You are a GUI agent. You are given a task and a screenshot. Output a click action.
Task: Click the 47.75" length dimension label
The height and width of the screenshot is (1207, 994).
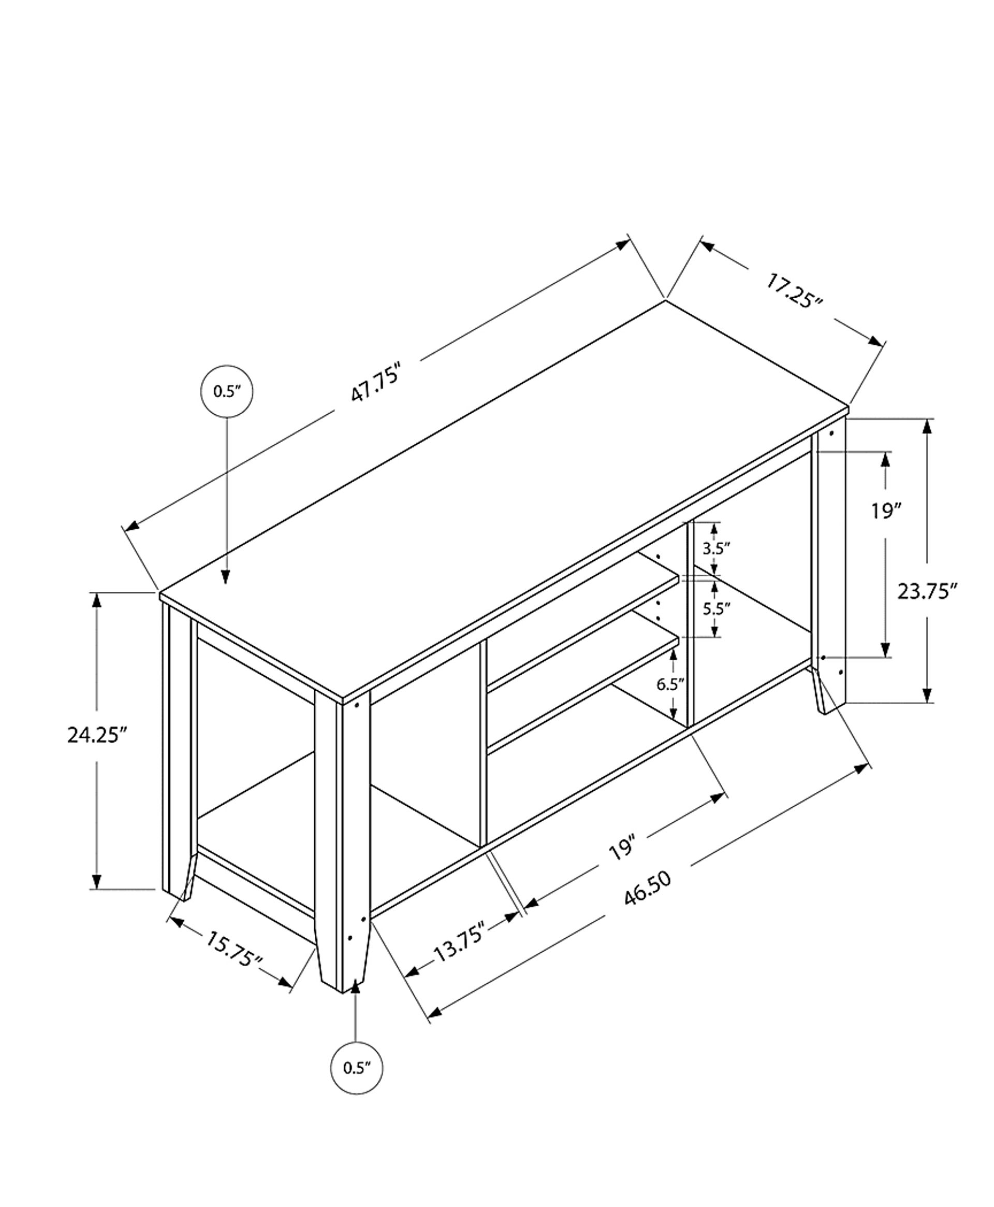375,381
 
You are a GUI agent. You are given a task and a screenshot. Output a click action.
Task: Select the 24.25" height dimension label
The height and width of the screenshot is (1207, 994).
96,735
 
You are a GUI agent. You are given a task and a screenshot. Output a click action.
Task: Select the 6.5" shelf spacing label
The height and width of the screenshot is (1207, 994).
670,684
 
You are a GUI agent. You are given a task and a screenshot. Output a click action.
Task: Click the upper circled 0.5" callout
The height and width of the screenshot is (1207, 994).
227,391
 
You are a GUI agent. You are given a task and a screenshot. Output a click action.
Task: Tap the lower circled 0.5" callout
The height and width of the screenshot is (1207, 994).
357,1068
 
